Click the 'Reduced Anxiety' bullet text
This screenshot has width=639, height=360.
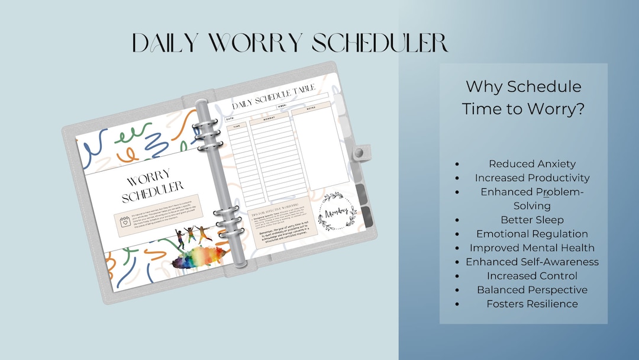(532, 164)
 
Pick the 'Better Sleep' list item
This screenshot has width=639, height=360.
(532, 220)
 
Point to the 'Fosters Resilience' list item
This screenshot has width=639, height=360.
(532, 304)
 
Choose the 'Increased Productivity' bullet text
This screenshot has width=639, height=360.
(532, 178)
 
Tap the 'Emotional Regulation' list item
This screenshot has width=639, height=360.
(532, 234)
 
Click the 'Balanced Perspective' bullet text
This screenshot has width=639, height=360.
(532, 290)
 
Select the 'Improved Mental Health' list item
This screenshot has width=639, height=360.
(532, 247)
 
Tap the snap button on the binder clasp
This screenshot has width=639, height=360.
(359, 153)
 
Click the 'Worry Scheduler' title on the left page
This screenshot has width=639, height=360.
(153, 184)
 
